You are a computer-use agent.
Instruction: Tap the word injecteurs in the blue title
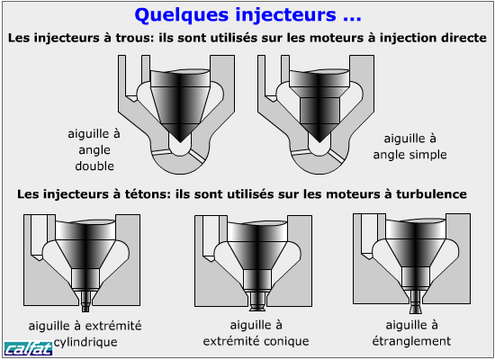pyautogui.click(x=284, y=14)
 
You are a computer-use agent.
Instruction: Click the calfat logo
pyautogui.click(x=28, y=348)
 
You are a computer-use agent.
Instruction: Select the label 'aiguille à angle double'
pyautogui.click(x=94, y=149)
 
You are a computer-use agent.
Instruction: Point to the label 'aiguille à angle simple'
pyautogui.click(x=409, y=147)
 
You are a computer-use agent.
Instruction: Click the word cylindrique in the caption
pyautogui.click(x=85, y=342)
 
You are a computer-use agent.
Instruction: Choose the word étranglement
pyautogui.click(x=411, y=341)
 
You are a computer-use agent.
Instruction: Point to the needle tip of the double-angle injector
pyautogui.click(x=180, y=142)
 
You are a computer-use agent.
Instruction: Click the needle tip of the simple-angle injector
pyautogui.click(x=319, y=142)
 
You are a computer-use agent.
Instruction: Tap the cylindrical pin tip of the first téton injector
pyautogui.click(x=85, y=308)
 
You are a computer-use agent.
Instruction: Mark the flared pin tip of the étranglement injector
pyautogui.click(x=415, y=309)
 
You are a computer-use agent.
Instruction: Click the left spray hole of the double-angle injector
pyautogui.click(x=161, y=152)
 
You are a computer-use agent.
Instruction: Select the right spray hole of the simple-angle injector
pyautogui.click(x=337, y=157)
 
